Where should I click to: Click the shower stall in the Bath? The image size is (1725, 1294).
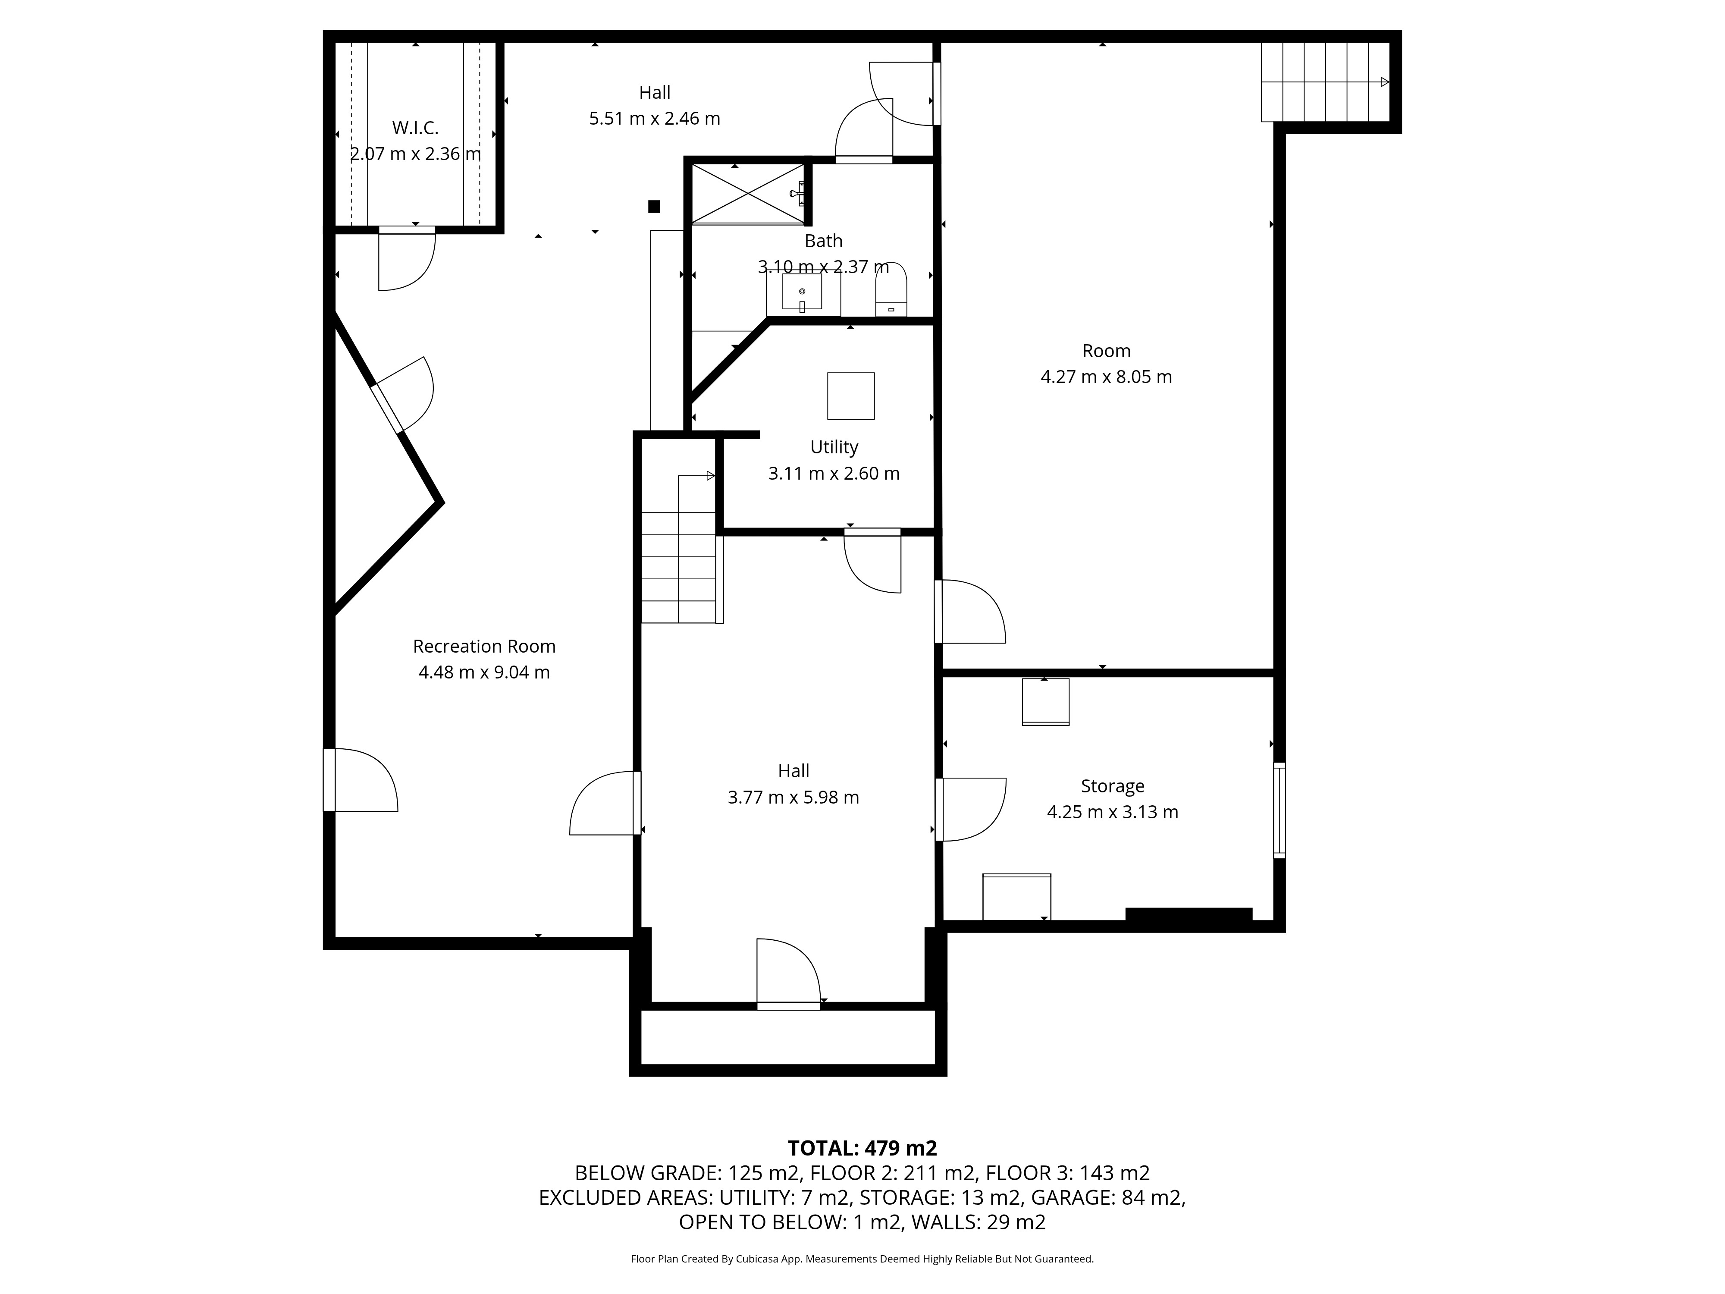click(x=747, y=193)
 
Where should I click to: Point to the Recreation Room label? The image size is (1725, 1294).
click(x=484, y=647)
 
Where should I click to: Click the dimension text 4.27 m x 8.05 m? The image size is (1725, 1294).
click(x=1106, y=377)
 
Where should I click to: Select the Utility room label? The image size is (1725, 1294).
click(x=834, y=447)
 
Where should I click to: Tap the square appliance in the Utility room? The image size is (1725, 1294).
click(x=851, y=396)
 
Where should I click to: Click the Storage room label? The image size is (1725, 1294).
click(x=1112, y=786)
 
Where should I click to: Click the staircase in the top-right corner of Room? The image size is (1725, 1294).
click(x=1326, y=82)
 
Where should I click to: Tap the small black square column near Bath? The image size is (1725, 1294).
click(x=654, y=207)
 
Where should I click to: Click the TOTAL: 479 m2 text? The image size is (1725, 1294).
click(x=862, y=1148)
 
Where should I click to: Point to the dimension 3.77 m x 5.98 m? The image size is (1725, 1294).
click(x=793, y=797)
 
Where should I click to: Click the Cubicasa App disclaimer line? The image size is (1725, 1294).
click(x=862, y=1259)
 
